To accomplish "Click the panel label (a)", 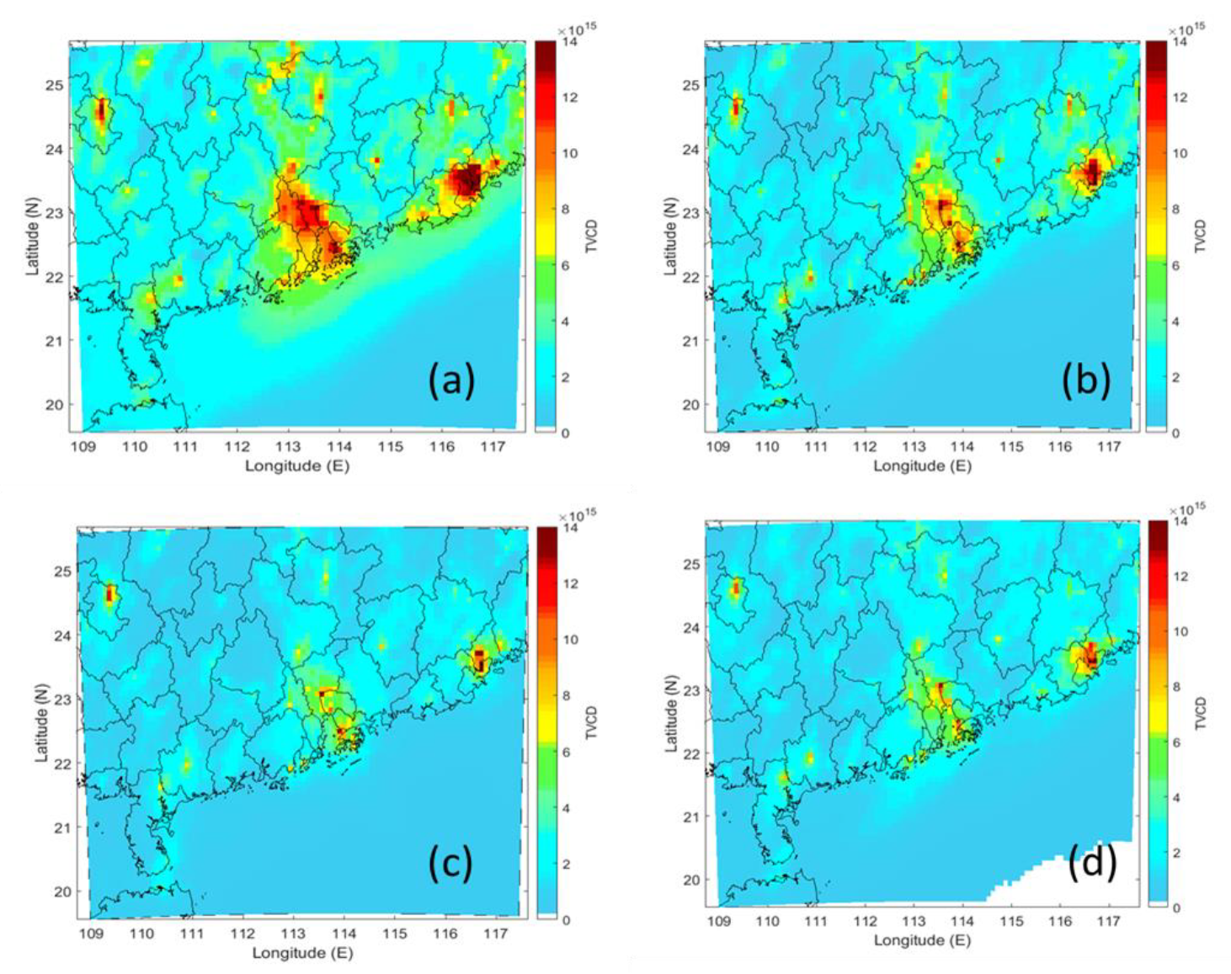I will click(x=451, y=381).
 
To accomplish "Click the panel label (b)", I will click(x=1085, y=381).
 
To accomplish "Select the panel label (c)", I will click(x=450, y=864).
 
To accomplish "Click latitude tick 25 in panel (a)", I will click(x=55, y=85).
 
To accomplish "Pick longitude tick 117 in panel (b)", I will click(x=1109, y=446).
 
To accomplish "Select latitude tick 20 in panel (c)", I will click(x=62, y=892).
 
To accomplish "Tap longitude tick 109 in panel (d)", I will click(x=718, y=922).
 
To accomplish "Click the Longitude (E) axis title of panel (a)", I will click(x=296, y=466).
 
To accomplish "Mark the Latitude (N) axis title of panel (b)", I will click(x=670, y=237).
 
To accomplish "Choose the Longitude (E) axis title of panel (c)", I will click(x=302, y=953).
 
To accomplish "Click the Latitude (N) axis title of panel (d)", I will click(x=670, y=712).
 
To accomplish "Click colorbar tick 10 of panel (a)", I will click(x=570, y=153).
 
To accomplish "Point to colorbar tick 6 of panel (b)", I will click(x=1180, y=265).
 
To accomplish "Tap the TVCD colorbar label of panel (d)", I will click(x=1201, y=714).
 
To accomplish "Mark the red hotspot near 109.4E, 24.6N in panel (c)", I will click(x=109, y=593).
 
